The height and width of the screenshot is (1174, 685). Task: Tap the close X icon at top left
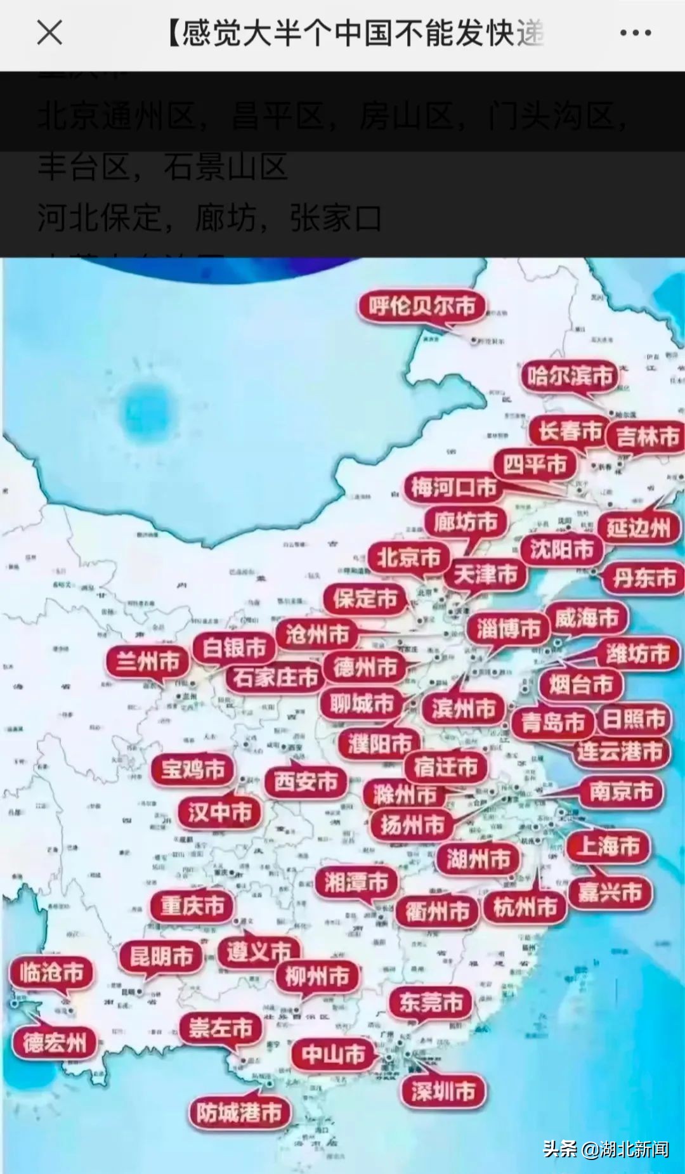click(x=49, y=32)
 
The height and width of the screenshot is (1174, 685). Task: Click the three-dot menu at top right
click(x=635, y=33)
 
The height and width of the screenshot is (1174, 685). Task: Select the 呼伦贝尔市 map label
click(x=422, y=306)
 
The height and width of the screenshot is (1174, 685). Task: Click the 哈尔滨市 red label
click(x=569, y=376)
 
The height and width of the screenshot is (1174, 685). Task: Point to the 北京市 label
click(x=408, y=558)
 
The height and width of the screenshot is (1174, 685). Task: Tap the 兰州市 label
click(x=148, y=662)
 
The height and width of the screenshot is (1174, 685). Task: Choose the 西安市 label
click(x=306, y=781)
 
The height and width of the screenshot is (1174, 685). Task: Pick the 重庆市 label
click(x=192, y=905)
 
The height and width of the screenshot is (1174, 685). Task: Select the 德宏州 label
click(x=54, y=1043)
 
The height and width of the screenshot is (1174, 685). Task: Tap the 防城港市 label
click(x=239, y=1112)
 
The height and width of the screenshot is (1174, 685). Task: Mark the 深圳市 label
click(x=443, y=1091)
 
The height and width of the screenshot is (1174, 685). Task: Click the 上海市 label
click(x=608, y=846)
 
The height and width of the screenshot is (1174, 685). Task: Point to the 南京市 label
click(x=621, y=791)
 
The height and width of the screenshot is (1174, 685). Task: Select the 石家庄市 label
click(x=275, y=677)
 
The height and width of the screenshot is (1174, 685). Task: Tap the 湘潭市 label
click(x=356, y=882)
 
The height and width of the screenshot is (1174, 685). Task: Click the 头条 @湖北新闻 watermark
click(x=605, y=1149)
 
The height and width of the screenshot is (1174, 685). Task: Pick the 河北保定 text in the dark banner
click(x=100, y=219)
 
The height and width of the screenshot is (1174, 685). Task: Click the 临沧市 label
click(x=51, y=972)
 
